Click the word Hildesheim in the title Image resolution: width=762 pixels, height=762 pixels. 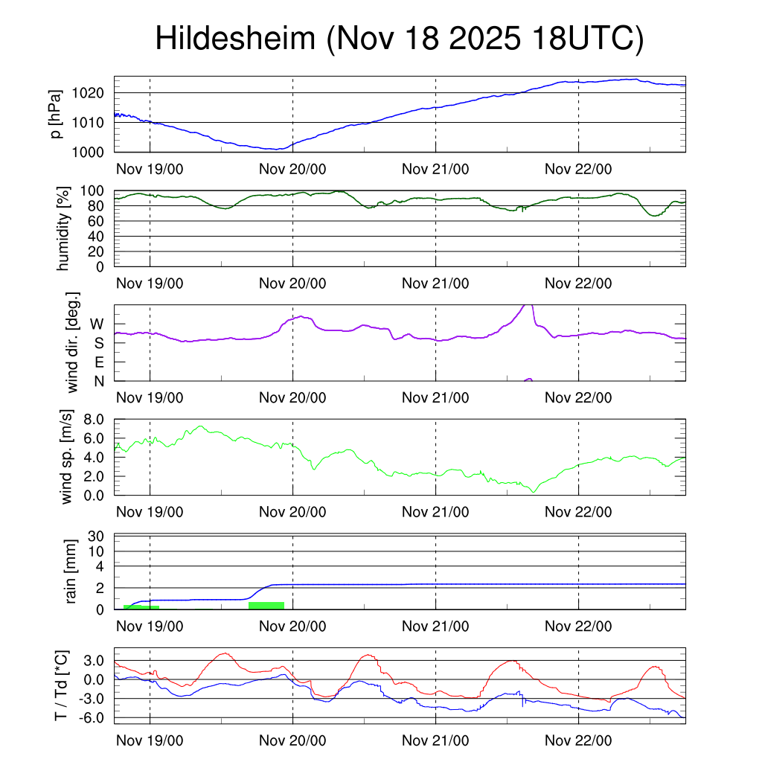pyautogui.click(x=236, y=39)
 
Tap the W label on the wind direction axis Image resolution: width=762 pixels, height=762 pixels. pyautogui.click(x=97, y=324)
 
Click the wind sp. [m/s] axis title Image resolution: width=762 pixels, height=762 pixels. pyautogui.click(x=68, y=457)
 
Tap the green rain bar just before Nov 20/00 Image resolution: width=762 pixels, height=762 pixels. pyautogui.click(x=266, y=605)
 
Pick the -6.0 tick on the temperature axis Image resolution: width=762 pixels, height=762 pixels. pyautogui.click(x=92, y=717)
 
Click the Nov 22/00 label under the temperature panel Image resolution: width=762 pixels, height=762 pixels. pyautogui.click(x=578, y=740)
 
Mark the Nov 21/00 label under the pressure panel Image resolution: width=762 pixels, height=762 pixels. pyautogui.click(x=435, y=169)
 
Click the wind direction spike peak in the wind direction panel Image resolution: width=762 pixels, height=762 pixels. pyautogui.click(x=527, y=305)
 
